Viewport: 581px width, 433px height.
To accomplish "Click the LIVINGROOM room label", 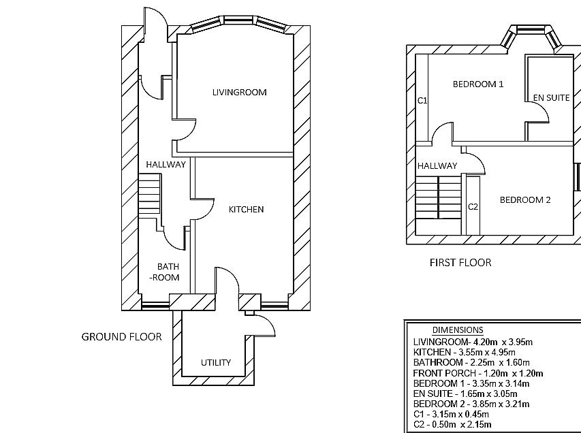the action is tap(239, 92).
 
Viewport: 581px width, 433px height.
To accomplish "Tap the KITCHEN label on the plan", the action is tap(246, 209).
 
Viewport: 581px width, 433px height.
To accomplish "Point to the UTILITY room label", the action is tap(216, 362).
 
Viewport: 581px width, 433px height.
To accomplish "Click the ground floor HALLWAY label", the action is tap(166, 164).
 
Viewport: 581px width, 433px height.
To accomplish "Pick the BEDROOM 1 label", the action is tap(478, 84).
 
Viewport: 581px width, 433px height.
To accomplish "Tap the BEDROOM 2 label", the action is tap(525, 199).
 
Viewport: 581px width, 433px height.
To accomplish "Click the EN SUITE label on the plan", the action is tap(551, 97).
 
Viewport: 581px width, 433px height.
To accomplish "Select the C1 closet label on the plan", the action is tap(422, 101).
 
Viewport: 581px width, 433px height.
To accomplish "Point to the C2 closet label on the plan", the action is tap(473, 206).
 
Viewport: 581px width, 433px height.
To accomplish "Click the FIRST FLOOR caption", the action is tap(460, 262).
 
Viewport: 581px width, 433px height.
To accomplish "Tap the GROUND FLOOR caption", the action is tap(122, 336).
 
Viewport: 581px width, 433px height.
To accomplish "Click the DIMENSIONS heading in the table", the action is tap(458, 330).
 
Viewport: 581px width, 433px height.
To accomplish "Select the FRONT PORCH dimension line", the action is tap(477, 373).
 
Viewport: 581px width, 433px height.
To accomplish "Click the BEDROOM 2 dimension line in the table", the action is tap(471, 404).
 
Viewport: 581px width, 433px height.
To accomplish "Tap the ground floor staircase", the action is tap(149, 195).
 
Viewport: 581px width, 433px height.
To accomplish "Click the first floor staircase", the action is tap(439, 197).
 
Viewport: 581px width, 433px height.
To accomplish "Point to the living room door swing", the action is tap(185, 132).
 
